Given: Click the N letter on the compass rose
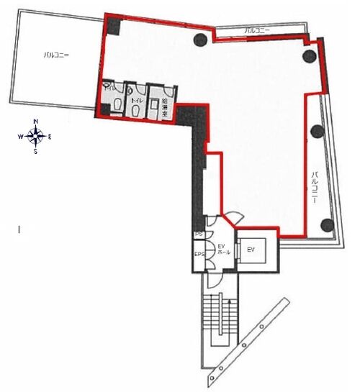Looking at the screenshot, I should (35, 122).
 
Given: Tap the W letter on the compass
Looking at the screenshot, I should (22, 135).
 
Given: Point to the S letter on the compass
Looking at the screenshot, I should (35, 151).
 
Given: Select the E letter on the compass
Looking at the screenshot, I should (49, 135).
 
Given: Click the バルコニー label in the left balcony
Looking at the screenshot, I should (55, 55).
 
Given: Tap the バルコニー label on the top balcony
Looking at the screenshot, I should (257, 30).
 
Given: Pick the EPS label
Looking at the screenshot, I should (199, 254).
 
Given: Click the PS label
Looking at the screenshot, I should (199, 235).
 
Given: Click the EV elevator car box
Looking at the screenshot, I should (251, 250).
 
